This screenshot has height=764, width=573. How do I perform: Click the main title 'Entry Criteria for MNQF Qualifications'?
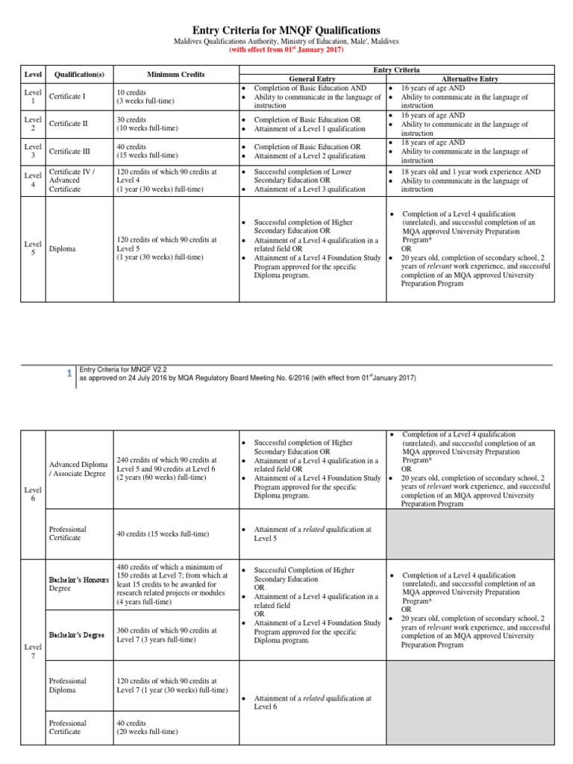[286, 29]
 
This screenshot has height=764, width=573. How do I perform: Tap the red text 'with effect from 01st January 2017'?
[286, 51]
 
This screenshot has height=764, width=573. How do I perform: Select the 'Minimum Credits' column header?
[175, 75]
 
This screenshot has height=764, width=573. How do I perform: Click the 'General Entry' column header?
[312, 79]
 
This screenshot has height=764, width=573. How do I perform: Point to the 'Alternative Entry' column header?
[470, 79]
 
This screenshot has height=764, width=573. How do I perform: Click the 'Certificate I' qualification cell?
[67, 96]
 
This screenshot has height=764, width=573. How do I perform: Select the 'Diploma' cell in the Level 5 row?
[62, 248]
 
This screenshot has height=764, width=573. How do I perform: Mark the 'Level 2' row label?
[32, 124]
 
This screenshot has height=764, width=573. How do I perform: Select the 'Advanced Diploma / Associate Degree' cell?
[78, 469]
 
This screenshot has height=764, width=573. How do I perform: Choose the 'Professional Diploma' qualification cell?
[68, 686]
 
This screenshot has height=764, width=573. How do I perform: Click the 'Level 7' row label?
[32, 649]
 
